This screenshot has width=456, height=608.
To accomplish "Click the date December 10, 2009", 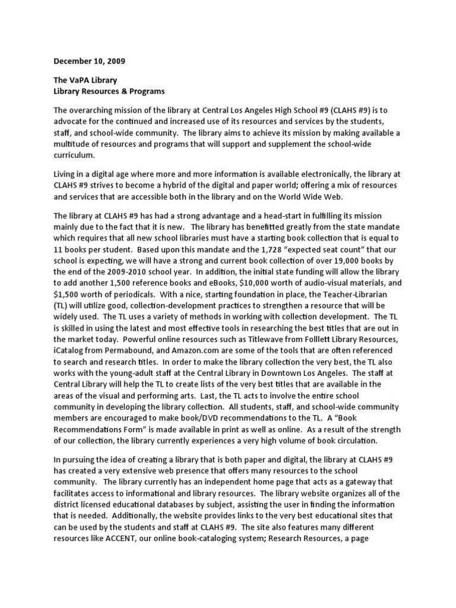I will (x=90, y=61).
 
